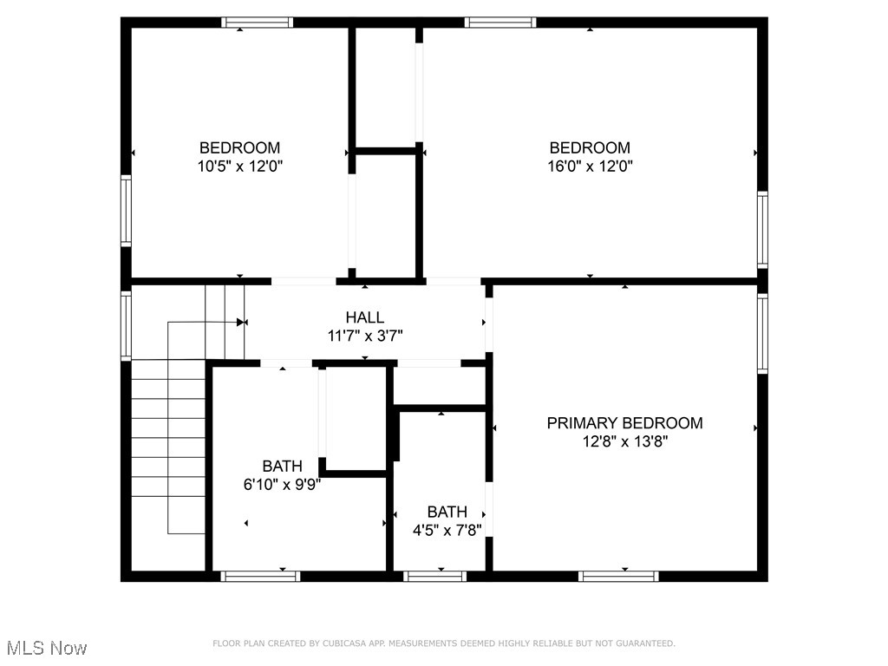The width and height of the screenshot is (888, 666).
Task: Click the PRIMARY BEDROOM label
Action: (624, 423)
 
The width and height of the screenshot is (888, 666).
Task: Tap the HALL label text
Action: (364, 318)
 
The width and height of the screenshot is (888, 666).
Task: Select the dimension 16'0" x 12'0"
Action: (590, 166)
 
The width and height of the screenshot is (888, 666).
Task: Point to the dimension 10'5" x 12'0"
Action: (239, 166)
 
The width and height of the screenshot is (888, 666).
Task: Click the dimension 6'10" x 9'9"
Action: (283, 485)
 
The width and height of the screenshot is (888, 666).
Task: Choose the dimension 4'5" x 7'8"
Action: (447, 530)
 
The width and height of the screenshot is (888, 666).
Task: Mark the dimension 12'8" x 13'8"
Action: (624, 441)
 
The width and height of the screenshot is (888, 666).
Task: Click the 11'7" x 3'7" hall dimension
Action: (364, 336)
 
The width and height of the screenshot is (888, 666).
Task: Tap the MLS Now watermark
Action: (46, 648)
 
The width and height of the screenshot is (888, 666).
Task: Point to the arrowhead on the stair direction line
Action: (241, 322)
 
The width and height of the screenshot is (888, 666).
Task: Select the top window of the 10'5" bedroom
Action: (258, 23)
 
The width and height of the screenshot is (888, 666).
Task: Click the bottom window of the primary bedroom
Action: (619, 575)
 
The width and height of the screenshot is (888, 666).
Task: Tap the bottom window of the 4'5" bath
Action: (436, 575)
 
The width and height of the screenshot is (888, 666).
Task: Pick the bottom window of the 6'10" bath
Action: (261, 575)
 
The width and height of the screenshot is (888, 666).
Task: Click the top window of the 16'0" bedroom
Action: (500, 23)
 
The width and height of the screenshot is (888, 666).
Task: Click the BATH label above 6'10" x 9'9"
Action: (283, 467)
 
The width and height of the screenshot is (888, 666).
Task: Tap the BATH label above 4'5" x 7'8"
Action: (447, 512)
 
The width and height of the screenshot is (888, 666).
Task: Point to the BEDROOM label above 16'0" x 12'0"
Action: (590, 147)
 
